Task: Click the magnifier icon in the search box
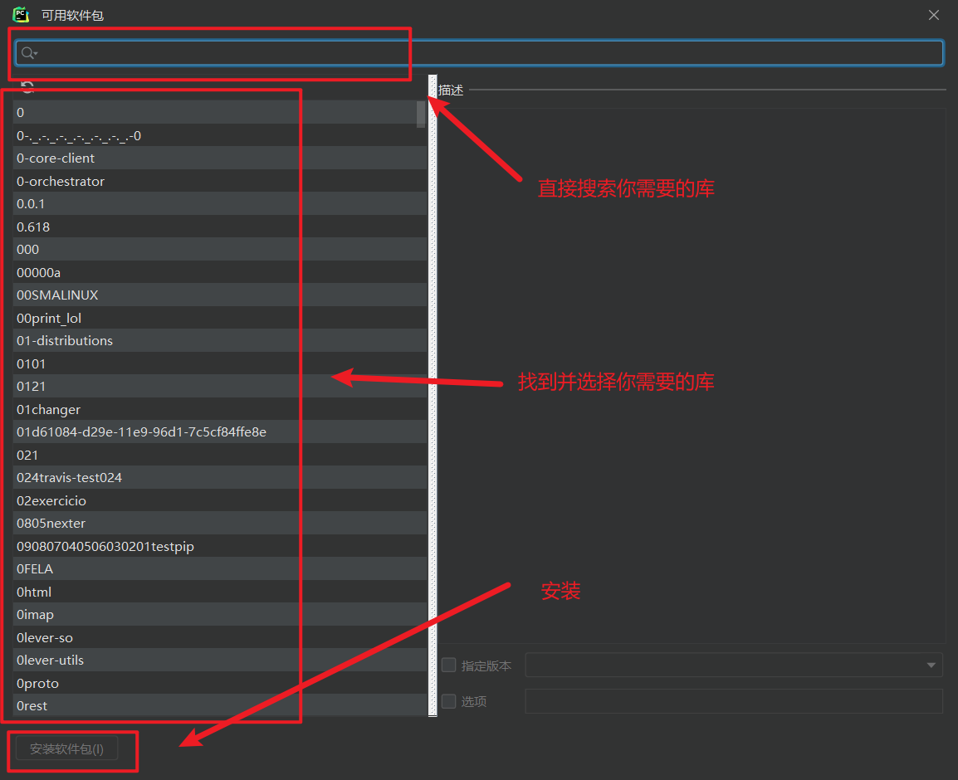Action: point(27,53)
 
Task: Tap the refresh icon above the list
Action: point(27,87)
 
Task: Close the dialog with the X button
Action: point(934,16)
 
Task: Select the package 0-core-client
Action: point(56,158)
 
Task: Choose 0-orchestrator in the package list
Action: point(61,181)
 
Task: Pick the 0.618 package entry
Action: point(33,227)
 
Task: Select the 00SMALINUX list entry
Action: point(57,295)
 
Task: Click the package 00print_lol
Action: point(49,318)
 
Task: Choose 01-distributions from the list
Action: point(65,341)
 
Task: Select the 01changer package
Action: point(48,409)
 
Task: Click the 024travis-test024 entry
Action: point(70,478)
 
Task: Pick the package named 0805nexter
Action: point(51,524)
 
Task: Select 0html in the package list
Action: point(34,592)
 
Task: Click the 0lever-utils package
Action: point(50,661)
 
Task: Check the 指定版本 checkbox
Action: point(449,665)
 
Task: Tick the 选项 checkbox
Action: point(449,701)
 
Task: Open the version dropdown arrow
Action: point(931,665)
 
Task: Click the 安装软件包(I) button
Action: point(67,749)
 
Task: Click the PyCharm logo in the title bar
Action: point(21,15)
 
